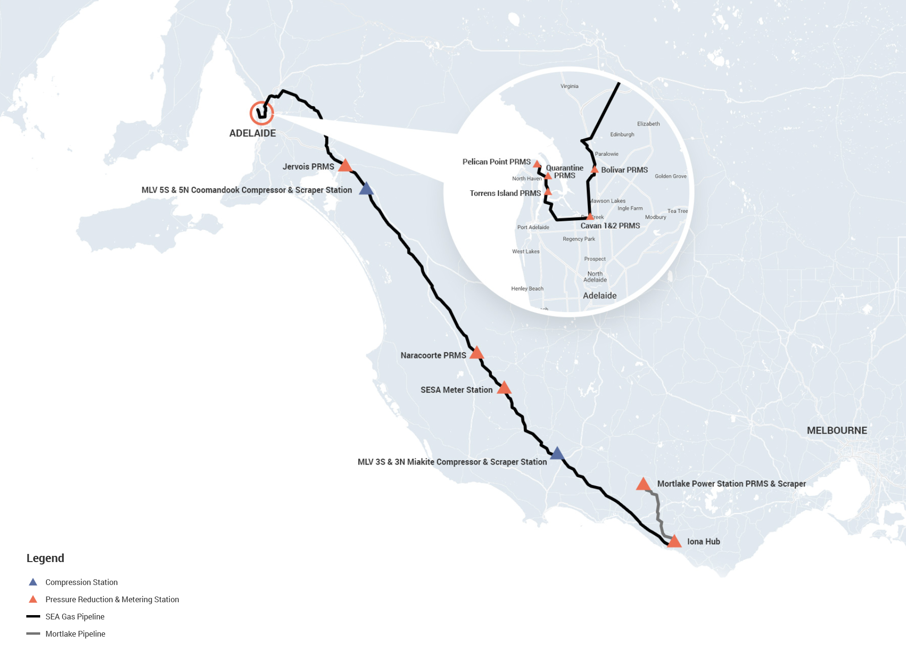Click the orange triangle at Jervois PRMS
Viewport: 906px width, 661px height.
(x=345, y=166)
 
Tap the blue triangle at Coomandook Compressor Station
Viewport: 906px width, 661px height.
(x=366, y=189)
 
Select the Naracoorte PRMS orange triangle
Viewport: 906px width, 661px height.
(x=476, y=354)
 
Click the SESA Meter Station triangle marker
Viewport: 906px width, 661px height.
(x=504, y=388)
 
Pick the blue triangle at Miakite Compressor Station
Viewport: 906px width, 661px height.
(x=557, y=454)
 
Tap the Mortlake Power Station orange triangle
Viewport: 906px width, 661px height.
(x=643, y=485)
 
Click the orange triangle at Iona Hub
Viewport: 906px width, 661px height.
(x=674, y=542)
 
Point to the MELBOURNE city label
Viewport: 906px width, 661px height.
(x=837, y=430)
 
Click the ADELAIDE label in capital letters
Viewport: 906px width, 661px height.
(x=252, y=133)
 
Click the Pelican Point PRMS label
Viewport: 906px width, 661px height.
(x=496, y=162)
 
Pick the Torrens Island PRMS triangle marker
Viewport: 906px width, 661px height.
(x=548, y=192)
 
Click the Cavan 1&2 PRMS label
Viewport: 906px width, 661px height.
(x=610, y=226)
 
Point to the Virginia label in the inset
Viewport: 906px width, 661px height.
(x=569, y=87)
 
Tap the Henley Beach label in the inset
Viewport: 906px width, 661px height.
(x=527, y=289)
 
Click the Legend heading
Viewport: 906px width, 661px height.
(x=45, y=558)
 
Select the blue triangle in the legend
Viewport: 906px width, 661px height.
(x=33, y=582)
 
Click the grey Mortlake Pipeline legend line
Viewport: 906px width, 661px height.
(x=33, y=634)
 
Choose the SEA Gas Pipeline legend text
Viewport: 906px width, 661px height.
(x=75, y=617)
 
